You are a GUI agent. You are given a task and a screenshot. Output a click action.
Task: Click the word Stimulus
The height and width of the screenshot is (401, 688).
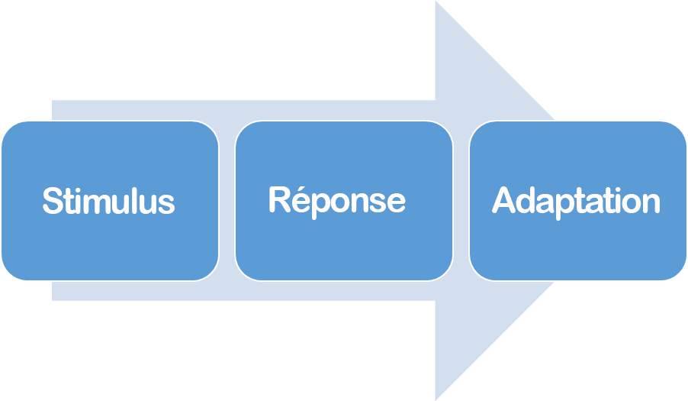pyautogui.click(x=109, y=201)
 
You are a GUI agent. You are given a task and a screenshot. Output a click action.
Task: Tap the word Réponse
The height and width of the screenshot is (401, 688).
pyautogui.click(x=337, y=202)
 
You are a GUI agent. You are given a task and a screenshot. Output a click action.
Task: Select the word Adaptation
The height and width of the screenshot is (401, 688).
pyautogui.click(x=576, y=202)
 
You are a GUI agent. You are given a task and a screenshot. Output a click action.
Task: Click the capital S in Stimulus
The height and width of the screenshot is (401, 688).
pyautogui.click(x=52, y=201)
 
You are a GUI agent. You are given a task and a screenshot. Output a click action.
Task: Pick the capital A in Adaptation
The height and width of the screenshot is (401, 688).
pyautogui.click(x=503, y=200)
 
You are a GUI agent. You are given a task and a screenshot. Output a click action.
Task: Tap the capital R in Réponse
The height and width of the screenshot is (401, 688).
pyautogui.click(x=279, y=199)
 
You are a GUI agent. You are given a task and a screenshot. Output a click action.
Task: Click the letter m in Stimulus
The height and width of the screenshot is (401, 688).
pyautogui.click(x=95, y=205)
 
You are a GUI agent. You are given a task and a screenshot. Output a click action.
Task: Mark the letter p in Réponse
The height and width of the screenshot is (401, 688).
pyautogui.click(x=320, y=205)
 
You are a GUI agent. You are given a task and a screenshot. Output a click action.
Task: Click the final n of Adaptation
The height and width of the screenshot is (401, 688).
pyautogui.click(x=652, y=204)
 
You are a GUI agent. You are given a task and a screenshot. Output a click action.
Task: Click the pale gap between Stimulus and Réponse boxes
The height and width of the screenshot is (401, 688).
pyautogui.click(x=227, y=201)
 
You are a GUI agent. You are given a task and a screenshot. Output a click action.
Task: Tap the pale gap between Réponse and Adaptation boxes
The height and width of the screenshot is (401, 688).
pyautogui.click(x=461, y=201)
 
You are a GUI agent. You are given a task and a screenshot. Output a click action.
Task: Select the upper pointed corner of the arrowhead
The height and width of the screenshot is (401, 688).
pyautogui.click(x=436, y=2)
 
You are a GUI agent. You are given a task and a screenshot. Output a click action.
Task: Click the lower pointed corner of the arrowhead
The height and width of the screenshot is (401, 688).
pyautogui.click(x=436, y=399)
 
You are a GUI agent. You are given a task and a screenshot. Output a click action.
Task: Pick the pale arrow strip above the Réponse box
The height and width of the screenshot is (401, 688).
pyautogui.click(x=343, y=110)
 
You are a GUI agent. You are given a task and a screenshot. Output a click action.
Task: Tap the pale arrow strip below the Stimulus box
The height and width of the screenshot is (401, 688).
pyautogui.click(x=135, y=291)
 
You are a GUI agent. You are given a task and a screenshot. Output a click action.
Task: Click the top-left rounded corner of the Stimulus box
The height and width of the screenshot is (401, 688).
pyautogui.click(x=10, y=129)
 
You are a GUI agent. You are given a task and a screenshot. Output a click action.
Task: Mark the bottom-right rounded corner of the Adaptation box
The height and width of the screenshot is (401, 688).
pyautogui.click(x=678, y=273)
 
